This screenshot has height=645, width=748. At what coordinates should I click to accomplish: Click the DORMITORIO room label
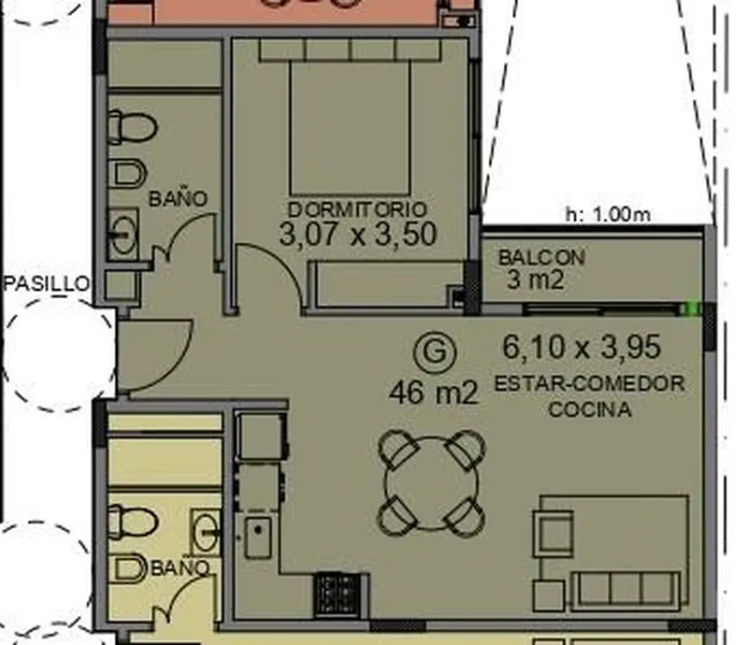357,209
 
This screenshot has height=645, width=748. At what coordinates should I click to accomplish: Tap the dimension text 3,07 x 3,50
358,235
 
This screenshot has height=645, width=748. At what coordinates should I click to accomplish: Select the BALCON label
541,258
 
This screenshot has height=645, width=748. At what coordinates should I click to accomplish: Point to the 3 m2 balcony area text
535,279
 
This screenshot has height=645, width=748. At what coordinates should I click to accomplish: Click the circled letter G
435,353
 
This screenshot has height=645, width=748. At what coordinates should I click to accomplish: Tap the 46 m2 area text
433,394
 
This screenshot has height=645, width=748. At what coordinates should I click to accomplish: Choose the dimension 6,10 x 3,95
582,347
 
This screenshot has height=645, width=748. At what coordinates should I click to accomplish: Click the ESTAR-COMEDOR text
590,384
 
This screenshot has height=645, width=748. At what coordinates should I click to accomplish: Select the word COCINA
590,409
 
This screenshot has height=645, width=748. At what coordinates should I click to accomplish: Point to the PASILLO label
46,284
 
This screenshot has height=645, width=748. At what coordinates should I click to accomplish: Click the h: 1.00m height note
608,214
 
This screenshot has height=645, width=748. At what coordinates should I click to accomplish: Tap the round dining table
432,483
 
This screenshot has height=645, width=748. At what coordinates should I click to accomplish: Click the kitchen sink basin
258,537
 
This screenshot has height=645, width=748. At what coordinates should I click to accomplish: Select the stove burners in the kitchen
338,595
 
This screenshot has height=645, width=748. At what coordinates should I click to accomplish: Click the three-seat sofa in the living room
626,591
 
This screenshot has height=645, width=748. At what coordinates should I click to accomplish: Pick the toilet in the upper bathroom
132,127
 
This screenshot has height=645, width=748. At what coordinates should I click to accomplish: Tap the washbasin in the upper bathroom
123,234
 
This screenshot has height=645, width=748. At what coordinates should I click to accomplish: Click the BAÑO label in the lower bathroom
180,568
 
